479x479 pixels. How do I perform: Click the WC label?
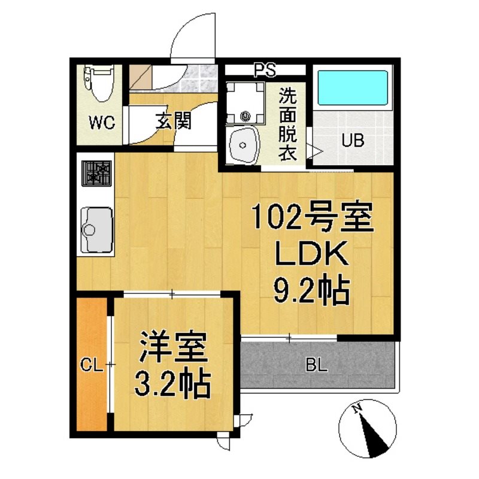pyautogui.click(x=102, y=123)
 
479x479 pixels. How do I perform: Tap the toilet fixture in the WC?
pyautogui.click(x=99, y=83)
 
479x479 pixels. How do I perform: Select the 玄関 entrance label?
pyautogui.click(x=174, y=120)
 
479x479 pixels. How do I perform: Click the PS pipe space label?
pyautogui.click(x=265, y=69)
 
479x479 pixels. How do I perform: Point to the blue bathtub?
pyautogui.click(x=353, y=88)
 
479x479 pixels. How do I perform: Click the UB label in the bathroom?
pyautogui.click(x=353, y=141)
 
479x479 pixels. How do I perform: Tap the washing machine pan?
pyautogui.click(x=245, y=103)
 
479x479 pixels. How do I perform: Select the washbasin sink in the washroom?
pyautogui.click(x=243, y=144)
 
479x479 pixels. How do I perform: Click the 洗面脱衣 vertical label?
pyautogui.click(x=287, y=125)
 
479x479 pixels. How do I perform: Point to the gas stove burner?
pyautogui.click(x=96, y=173)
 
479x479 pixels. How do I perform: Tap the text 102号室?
pyautogui.click(x=313, y=217)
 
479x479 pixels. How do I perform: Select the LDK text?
pyautogui.click(x=311, y=253)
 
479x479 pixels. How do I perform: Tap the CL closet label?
pyautogui.click(x=91, y=365)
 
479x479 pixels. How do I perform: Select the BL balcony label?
pyautogui.click(x=317, y=366)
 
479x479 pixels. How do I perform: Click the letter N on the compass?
pyautogui.click(x=356, y=408)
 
